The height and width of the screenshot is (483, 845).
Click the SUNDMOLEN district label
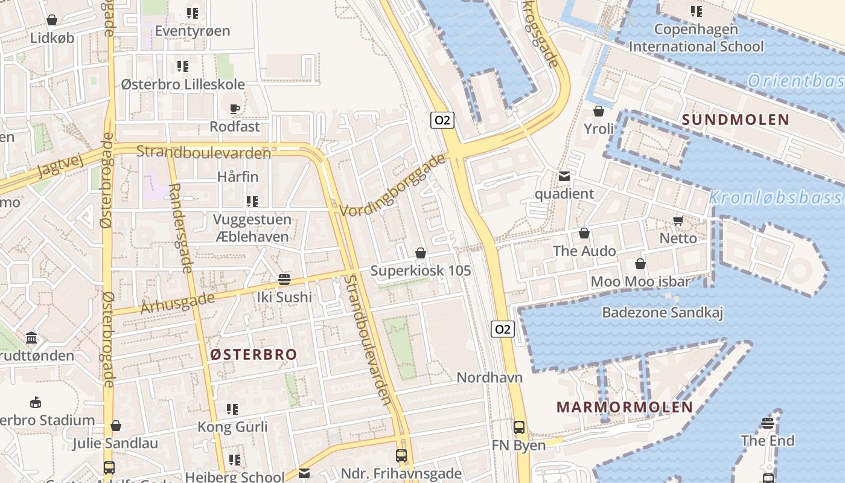(736, 120)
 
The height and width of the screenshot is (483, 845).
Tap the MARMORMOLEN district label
(625, 407)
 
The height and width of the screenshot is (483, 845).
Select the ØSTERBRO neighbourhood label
(253, 354)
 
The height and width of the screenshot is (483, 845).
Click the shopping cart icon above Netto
(678, 221)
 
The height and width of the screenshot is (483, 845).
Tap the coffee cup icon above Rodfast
(235, 109)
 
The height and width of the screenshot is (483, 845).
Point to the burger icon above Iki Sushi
(284, 280)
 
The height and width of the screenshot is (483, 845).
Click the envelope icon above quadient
(564, 176)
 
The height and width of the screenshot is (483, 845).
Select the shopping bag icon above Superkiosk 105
(421, 253)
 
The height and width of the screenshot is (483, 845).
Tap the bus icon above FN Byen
(518, 427)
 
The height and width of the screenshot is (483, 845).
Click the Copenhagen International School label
(696, 37)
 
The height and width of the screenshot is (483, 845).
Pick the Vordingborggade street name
(392, 185)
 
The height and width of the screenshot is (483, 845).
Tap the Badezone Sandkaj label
(662, 312)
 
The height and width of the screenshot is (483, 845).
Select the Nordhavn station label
(489, 377)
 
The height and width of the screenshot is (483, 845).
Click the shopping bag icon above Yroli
(599, 111)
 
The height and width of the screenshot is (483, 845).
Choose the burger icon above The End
(768, 423)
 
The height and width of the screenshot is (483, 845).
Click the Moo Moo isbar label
(640, 281)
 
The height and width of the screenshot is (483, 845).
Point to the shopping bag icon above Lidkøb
(53, 21)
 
